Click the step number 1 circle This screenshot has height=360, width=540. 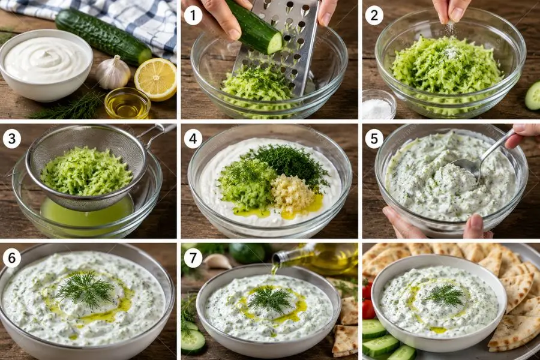coord(193,16)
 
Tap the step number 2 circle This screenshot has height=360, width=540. coord(374,16)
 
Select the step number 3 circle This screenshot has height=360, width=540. coord(12,139)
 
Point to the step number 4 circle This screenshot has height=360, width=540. coord(193,139)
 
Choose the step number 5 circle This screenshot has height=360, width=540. coord(374,139)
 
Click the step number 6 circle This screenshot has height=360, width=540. coord(12,258)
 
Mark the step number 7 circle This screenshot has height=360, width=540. coord(193,258)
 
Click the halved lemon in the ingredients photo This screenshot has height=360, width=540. coord(155,79)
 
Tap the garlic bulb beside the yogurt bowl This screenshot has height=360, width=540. coord(113,73)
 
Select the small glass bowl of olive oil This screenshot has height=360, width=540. coord(127,103)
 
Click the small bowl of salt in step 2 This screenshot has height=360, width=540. coord(379,104)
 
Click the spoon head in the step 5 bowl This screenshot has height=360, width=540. coord(465,168)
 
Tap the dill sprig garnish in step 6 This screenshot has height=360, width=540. coord(85,289)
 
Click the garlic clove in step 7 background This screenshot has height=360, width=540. coord(218,262)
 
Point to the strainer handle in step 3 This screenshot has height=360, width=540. coord(157,133)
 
